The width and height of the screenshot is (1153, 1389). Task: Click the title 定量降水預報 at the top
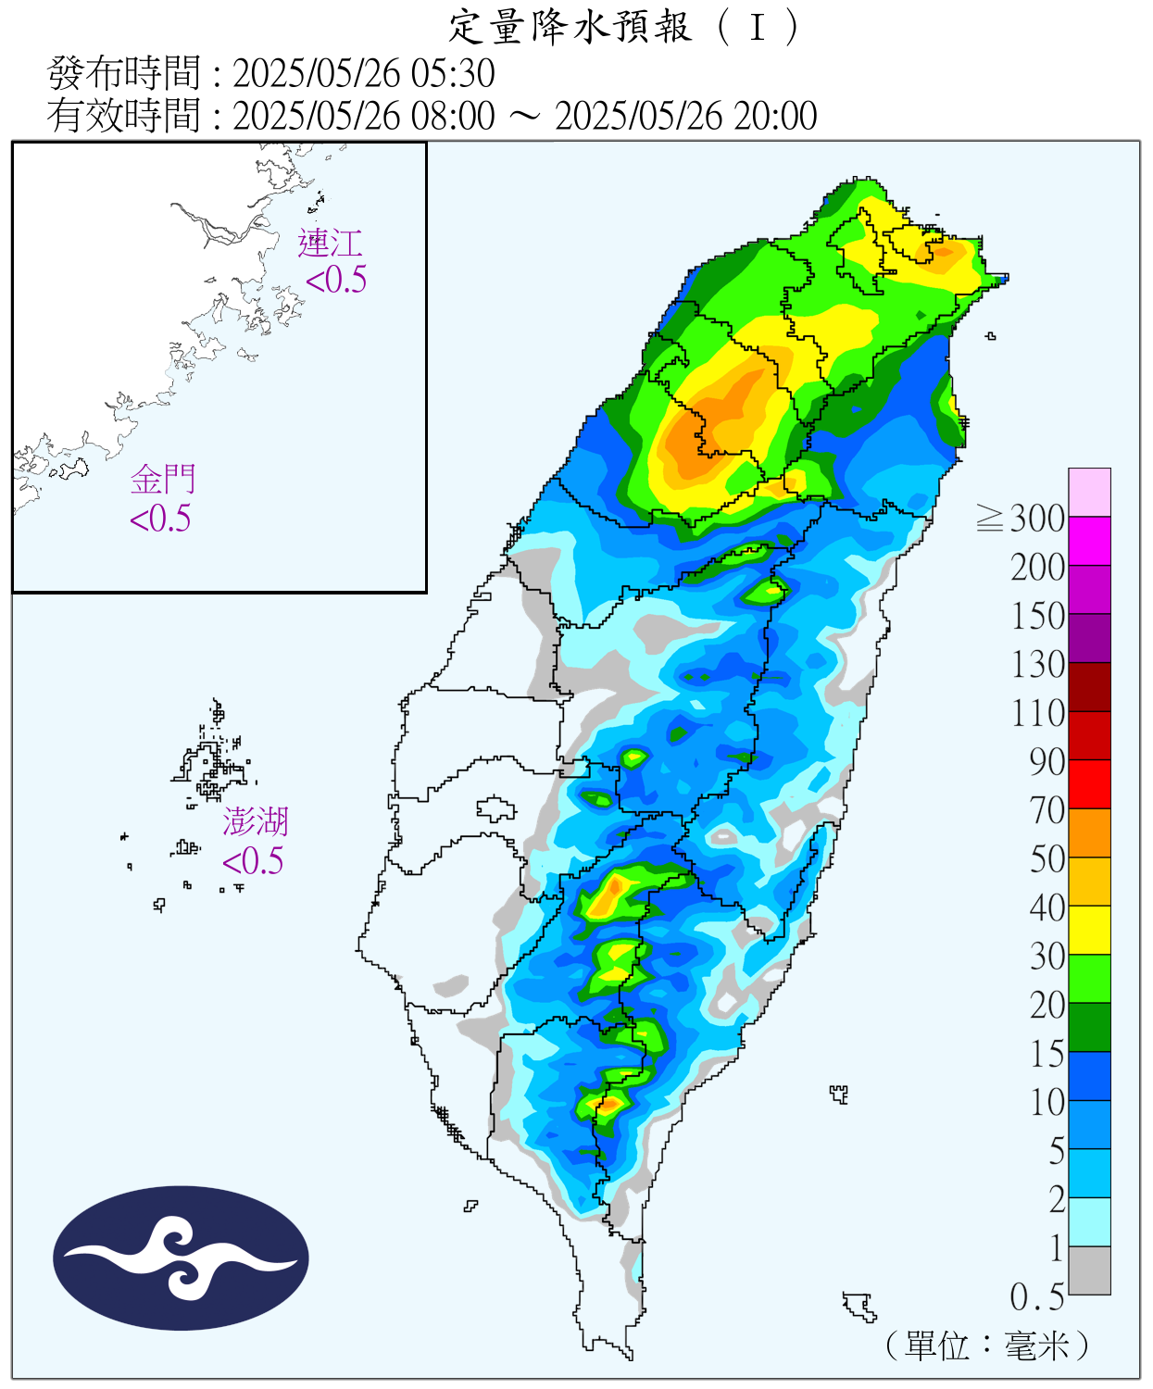(x=570, y=28)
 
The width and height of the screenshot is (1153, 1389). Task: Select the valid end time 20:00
(x=776, y=117)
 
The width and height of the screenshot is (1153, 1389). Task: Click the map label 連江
(x=330, y=244)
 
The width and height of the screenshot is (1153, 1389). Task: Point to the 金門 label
(x=163, y=480)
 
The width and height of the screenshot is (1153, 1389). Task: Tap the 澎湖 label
(x=256, y=821)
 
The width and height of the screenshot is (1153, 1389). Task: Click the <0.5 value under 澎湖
(x=253, y=861)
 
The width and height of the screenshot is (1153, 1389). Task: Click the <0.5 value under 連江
(x=336, y=280)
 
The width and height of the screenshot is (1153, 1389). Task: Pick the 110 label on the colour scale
(x=1037, y=713)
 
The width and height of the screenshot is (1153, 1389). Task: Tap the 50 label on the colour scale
(x=1047, y=859)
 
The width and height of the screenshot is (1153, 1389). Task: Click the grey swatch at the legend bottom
(x=1089, y=1270)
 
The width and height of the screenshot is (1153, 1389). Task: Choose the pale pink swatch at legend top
(x=1089, y=492)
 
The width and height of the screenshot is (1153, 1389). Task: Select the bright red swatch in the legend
(x=1089, y=783)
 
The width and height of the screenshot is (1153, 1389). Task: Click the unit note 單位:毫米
(x=987, y=1345)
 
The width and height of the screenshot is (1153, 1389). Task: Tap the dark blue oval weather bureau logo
(x=181, y=1258)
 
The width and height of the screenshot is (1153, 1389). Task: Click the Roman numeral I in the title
(x=758, y=28)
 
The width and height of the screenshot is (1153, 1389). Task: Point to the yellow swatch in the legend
(x=1089, y=930)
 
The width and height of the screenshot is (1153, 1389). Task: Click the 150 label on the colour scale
(x=1037, y=616)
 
